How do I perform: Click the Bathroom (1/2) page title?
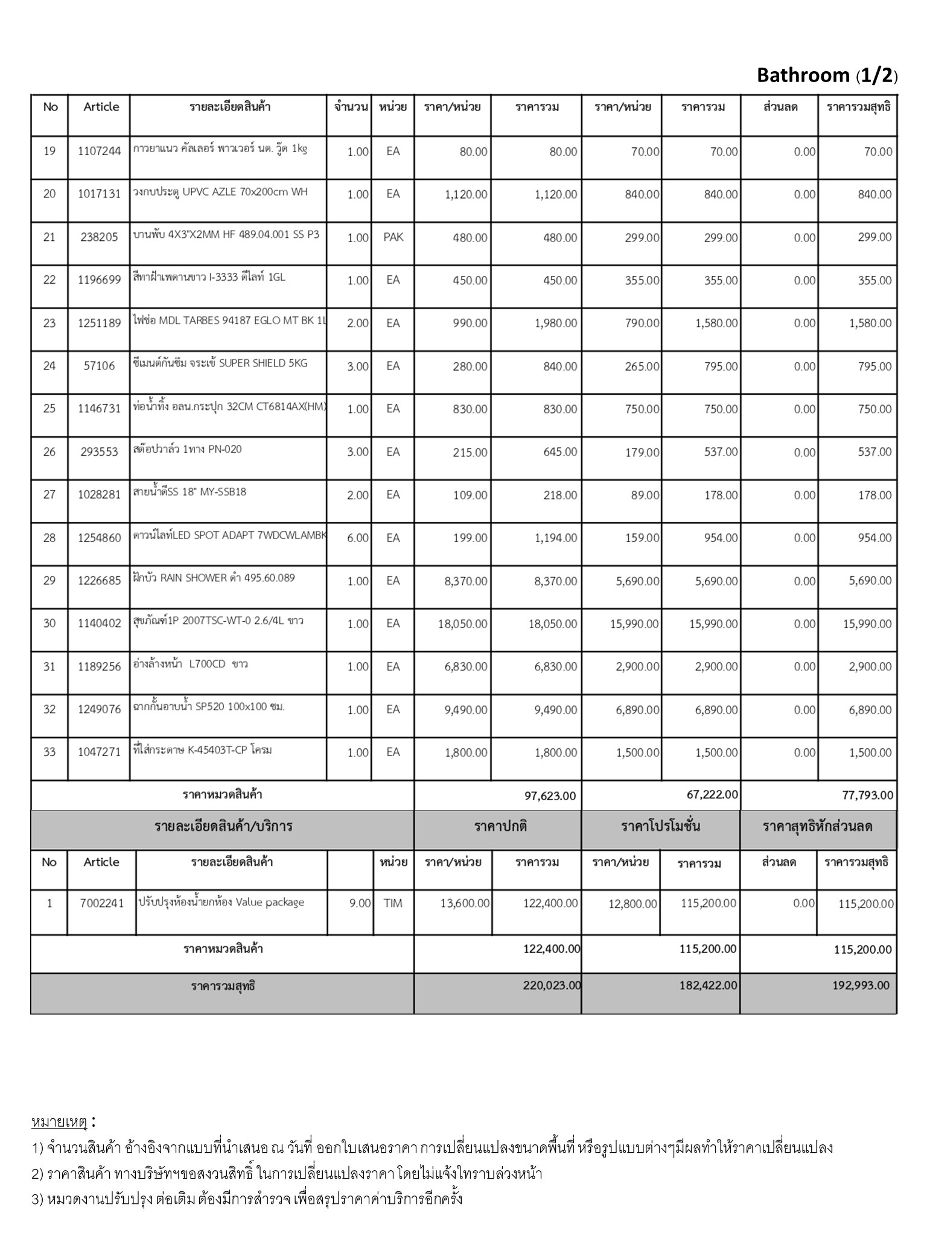(827, 75)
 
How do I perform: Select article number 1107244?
(100, 151)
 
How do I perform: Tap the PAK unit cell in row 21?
(393, 237)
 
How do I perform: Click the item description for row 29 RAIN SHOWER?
(214, 578)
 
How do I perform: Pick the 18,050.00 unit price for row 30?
(463, 624)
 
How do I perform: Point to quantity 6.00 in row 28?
(357, 538)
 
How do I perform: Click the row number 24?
(49, 366)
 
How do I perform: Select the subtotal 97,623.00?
(550, 795)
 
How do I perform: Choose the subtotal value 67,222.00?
(712, 795)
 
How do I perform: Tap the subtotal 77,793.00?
(867, 795)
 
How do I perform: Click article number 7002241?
(101, 903)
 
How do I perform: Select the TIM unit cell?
(393, 903)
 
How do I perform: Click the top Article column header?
(101, 107)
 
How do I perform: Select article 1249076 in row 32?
(100, 710)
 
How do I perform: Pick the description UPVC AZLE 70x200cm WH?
(220, 193)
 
